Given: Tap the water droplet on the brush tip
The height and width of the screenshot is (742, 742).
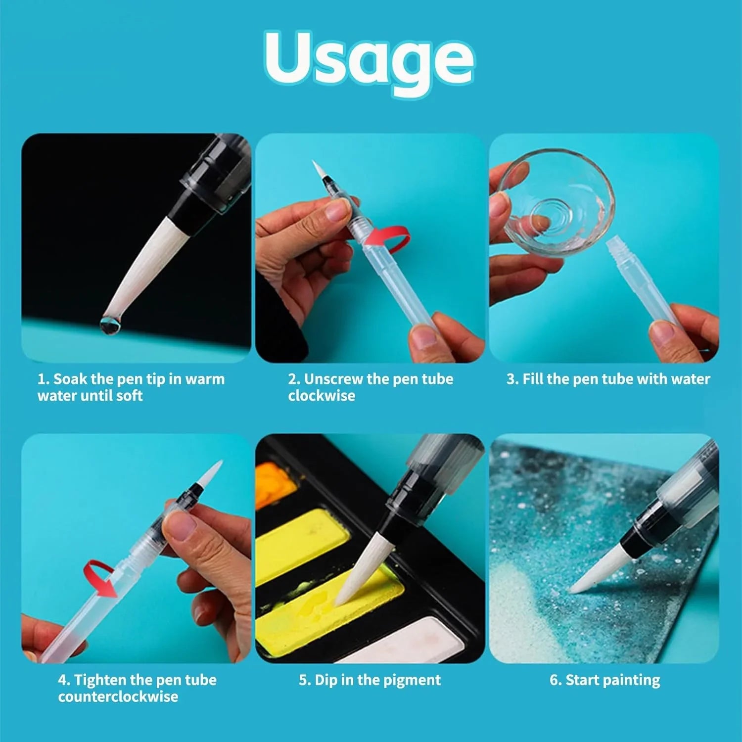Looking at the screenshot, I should pyautogui.click(x=110, y=325).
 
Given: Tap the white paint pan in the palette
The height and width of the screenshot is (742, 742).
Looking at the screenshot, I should pyautogui.click(x=411, y=643).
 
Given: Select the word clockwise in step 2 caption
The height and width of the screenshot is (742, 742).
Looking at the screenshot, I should pyautogui.click(x=322, y=396).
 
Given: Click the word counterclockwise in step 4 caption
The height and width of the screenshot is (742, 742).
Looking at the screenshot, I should pyautogui.click(x=118, y=697).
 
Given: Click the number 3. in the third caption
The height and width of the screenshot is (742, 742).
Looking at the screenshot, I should pyautogui.click(x=512, y=379).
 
